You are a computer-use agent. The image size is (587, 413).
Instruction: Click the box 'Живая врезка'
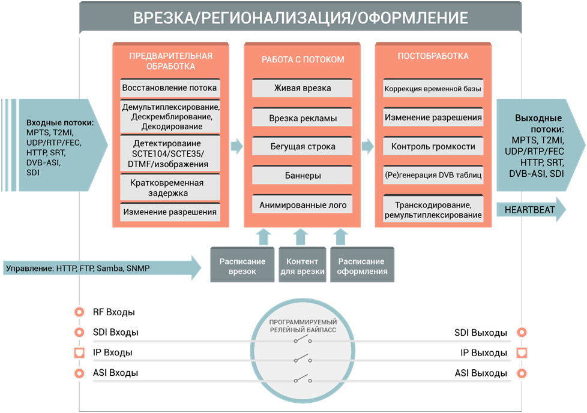tap(303, 88)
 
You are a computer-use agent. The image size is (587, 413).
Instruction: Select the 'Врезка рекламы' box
tap(303, 117)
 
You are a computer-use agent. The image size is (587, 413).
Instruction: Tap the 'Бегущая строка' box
tap(303, 146)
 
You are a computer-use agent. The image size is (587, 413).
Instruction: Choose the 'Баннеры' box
tap(303, 176)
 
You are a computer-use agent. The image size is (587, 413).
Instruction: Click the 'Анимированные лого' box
tap(303, 205)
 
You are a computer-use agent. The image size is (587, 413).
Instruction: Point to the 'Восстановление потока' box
tap(170, 88)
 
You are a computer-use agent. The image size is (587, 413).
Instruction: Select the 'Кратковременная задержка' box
tap(170, 188)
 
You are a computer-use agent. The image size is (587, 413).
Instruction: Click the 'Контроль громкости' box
tap(433, 146)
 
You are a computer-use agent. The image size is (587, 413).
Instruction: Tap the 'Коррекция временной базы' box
tap(433, 89)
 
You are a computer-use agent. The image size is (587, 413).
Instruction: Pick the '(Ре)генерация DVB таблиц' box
tap(433, 176)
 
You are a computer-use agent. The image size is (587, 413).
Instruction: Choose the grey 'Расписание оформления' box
tap(362, 266)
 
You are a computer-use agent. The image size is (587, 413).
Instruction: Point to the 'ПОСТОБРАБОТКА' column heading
tap(433, 56)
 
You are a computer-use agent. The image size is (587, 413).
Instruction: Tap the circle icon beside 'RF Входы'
tap(78, 312)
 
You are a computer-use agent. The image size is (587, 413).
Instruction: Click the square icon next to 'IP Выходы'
tap(522, 352)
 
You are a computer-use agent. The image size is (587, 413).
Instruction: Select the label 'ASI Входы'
tap(115, 373)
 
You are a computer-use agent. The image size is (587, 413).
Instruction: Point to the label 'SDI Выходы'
tap(480, 333)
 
